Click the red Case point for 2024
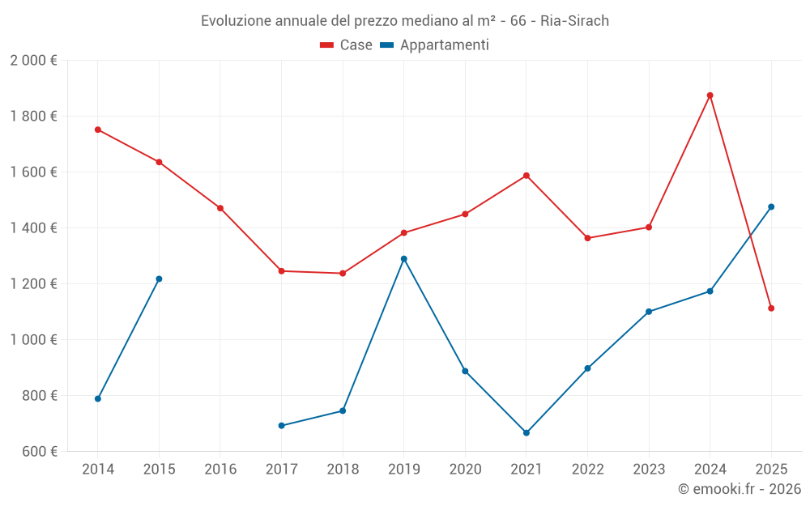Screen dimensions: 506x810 click(x=710, y=96)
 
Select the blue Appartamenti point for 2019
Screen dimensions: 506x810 click(x=404, y=259)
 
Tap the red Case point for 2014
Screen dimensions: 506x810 click(x=98, y=130)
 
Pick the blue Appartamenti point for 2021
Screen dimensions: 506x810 click(x=526, y=433)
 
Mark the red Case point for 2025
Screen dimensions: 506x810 click(x=771, y=308)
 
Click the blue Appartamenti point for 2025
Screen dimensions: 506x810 click(x=771, y=206)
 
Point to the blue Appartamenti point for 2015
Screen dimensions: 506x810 click(x=159, y=279)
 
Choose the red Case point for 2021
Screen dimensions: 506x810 click(x=526, y=176)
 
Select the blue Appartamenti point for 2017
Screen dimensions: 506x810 click(x=281, y=426)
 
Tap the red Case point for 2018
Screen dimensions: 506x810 click(x=343, y=274)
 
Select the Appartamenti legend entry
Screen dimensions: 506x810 click(x=435, y=45)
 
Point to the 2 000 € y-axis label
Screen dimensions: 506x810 click(x=33, y=61)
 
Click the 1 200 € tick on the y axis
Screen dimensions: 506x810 click(x=33, y=284)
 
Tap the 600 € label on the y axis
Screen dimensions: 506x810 click(x=39, y=452)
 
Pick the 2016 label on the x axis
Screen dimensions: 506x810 click(x=220, y=470)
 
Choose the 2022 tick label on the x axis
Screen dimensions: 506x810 click(x=587, y=470)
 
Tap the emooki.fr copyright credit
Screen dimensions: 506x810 click(x=739, y=489)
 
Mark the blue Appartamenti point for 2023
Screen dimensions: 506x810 click(x=649, y=312)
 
